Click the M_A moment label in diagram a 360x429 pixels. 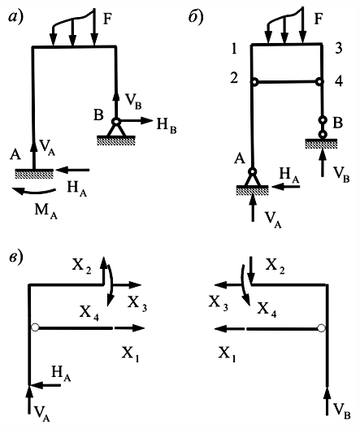click(x=46, y=211)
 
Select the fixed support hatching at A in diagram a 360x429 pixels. click(x=34, y=174)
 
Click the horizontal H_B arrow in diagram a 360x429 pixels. click(x=135, y=120)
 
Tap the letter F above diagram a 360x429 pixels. click(x=107, y=19)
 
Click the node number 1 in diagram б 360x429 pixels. click(x=234, y=49)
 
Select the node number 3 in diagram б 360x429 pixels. click(x=339, y=48)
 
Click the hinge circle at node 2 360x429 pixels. click(x=254, y=82)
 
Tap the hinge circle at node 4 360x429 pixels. click(x=319, y=81)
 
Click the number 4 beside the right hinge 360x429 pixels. click(x=339, y=81)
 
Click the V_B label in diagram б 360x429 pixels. click(x=341, y=174)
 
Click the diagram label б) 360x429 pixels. click(x=196, y=17)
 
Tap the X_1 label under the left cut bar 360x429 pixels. click(x=131, y=353)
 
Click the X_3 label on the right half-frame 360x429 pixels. click(x=219, y=303)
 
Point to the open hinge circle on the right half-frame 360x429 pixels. click(x=322, y=327)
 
